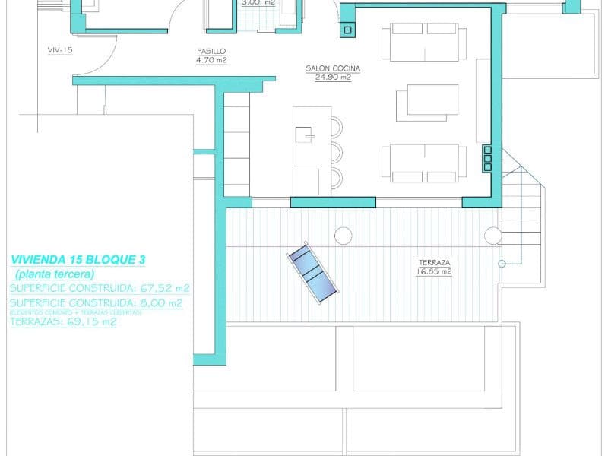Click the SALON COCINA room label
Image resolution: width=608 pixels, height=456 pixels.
332,68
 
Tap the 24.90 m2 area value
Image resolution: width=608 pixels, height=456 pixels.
332,77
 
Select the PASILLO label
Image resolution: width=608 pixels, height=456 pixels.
211,51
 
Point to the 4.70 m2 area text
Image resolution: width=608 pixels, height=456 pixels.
211,59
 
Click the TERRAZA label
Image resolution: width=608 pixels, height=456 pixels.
434,262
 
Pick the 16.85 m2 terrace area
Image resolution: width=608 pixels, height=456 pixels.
434,271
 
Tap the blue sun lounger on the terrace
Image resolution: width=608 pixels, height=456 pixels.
312,273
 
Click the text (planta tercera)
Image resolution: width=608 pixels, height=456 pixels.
53,274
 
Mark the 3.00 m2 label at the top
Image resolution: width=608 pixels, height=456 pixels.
258,2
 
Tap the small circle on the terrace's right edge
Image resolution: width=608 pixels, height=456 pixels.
502,264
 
